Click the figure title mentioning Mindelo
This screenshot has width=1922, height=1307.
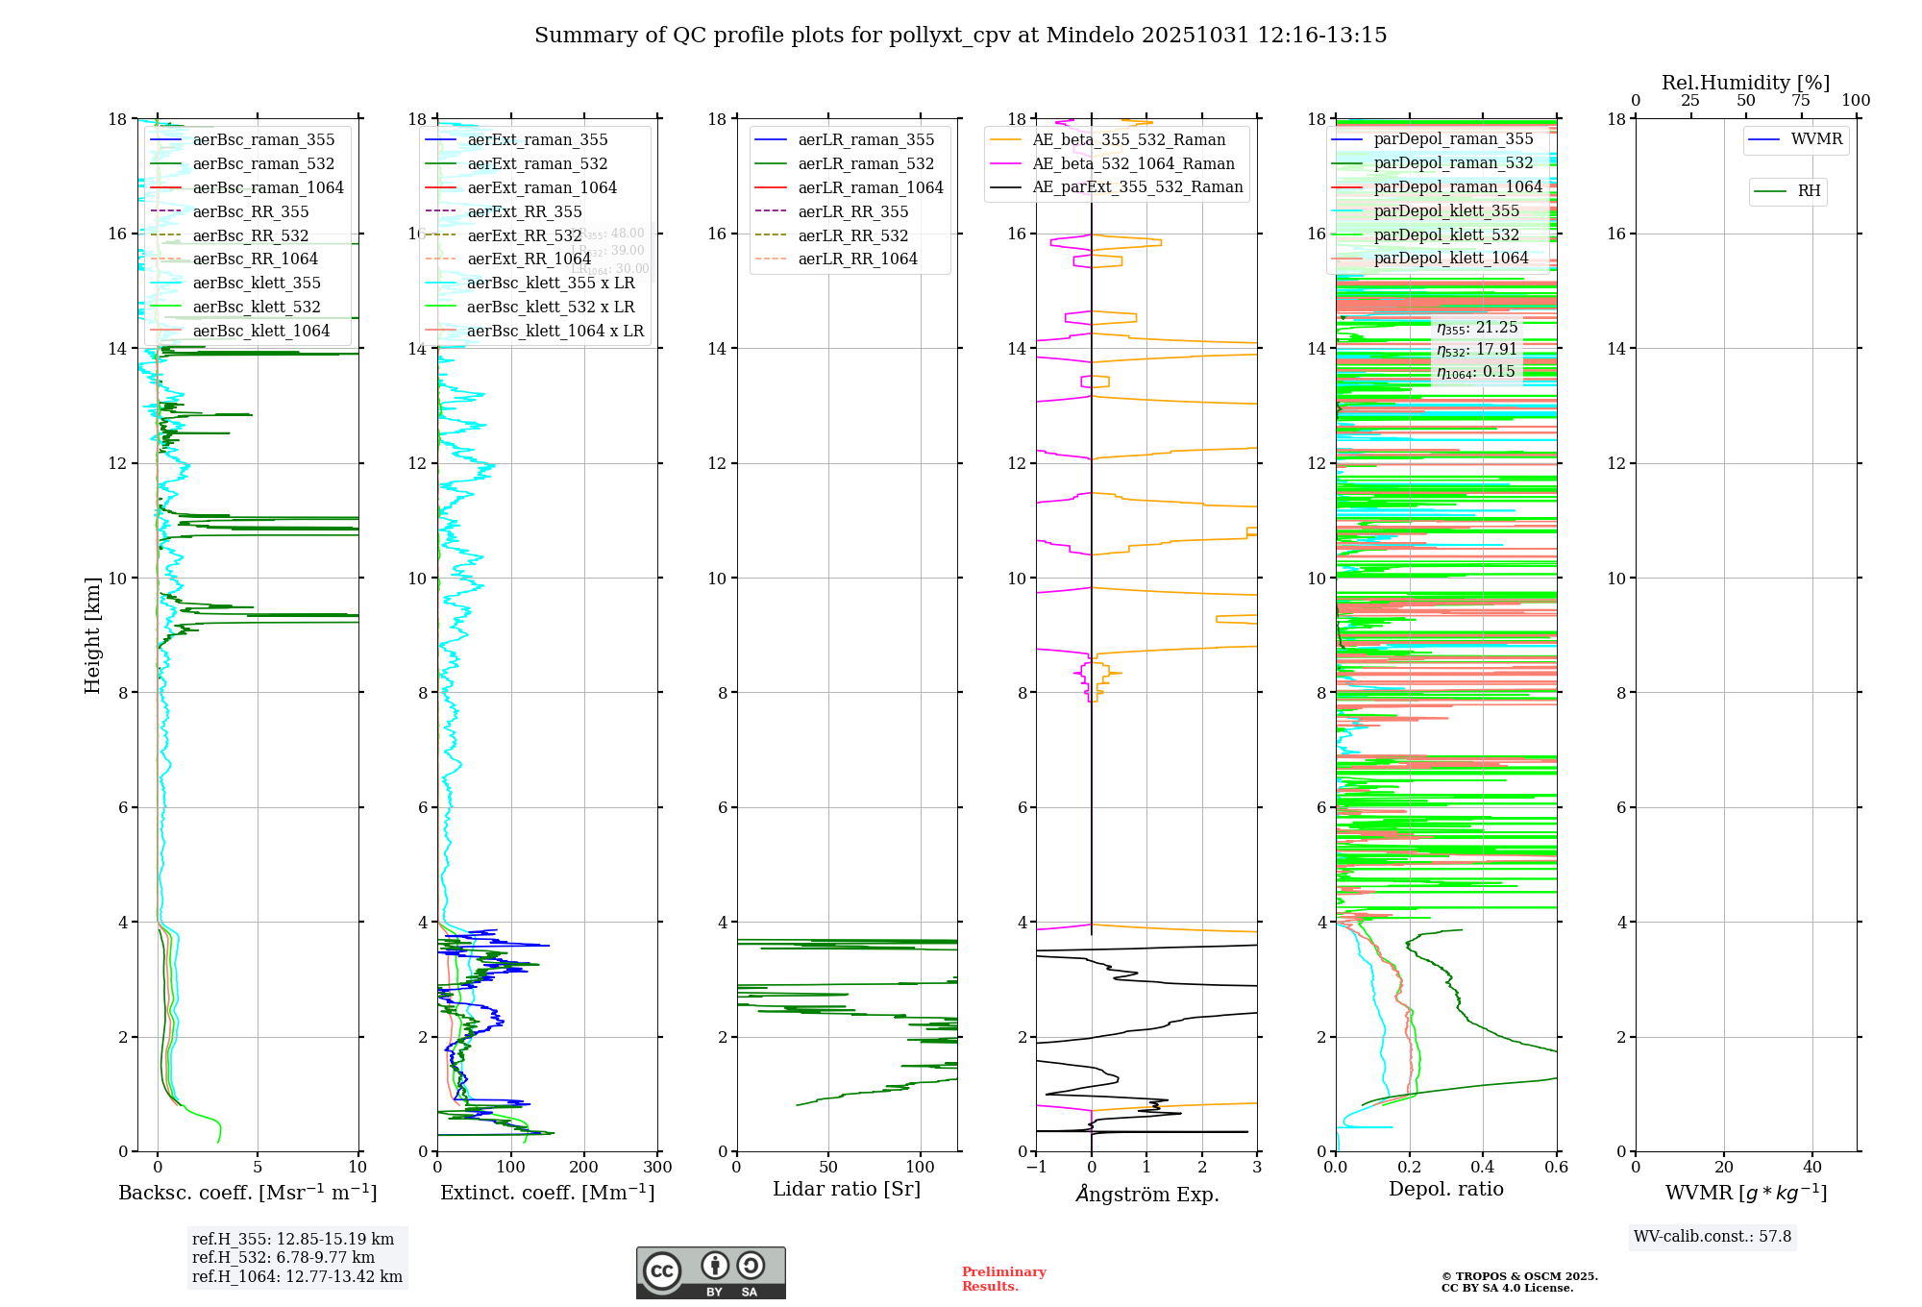(x=960, y=36)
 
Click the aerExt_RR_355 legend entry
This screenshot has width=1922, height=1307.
(x=524, y=211)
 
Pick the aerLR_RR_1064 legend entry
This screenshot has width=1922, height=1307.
(x=857, y=259)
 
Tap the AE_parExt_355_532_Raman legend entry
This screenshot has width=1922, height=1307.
(x=1137, y=186)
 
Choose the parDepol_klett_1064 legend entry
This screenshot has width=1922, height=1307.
(x=1450, y=258)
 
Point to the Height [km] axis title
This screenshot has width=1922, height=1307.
(x=92, y=635)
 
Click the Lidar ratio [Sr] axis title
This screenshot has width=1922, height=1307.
(x=846, y=1189)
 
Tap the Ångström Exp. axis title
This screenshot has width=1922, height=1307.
(x=1146, y=1194)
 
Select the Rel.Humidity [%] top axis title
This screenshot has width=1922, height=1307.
(x=1745, y=83)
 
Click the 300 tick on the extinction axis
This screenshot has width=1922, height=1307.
(x=657, y=1167)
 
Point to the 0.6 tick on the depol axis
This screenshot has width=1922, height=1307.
(x=1556, y=1167)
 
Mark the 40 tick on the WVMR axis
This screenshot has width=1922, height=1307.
(x=1811, y=1167)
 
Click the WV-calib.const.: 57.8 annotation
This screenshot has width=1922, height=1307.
(x=1712, y=1236)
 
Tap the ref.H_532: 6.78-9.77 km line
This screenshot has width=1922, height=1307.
(x=283, y=1257)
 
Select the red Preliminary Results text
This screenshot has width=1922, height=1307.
(x=1003, y=1278)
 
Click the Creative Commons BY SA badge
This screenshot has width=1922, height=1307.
(x=710, y=1272)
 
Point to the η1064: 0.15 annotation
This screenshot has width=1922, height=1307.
(x=1475, y=372)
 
